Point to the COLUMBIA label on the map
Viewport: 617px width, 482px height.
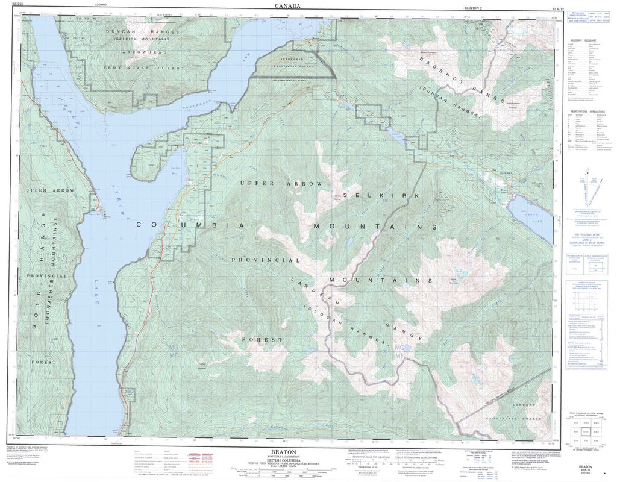pyautogui.click(x=190, y=225)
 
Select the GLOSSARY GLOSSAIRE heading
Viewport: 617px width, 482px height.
pyautogui.click(x=585, y=37)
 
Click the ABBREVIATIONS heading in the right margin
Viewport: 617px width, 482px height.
pyautogui.click(x=585, y=112)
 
